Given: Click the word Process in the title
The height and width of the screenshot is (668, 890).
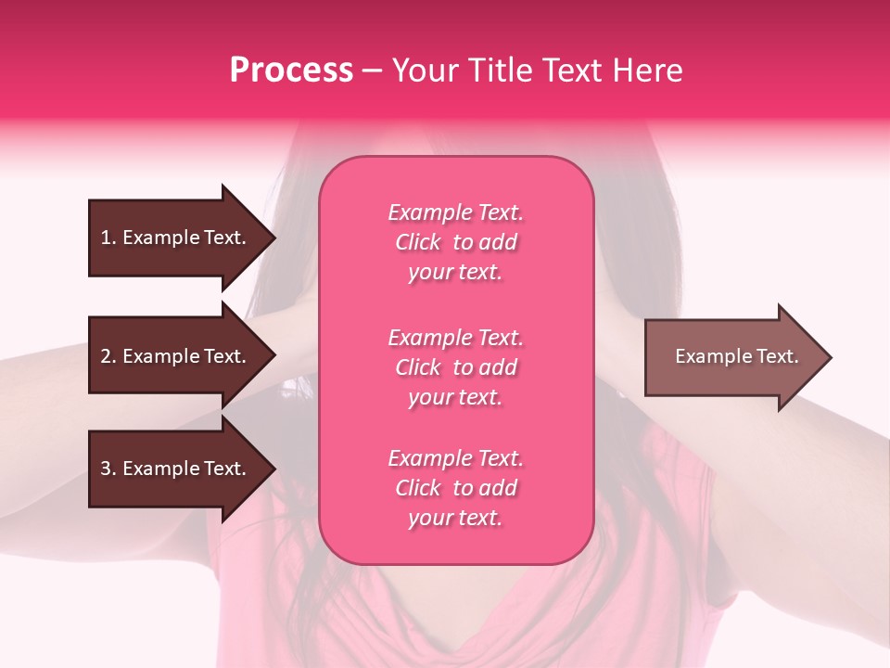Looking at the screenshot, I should [x=291, y=71].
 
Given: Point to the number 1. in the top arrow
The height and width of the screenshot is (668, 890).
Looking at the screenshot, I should [x=108, y=238].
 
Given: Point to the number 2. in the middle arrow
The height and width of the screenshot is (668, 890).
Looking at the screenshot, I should [x=108, y=356].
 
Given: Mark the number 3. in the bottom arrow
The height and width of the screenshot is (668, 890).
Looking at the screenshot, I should [x=108, y=469].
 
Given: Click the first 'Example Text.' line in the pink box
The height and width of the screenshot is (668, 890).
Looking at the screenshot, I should [x=455, y=212].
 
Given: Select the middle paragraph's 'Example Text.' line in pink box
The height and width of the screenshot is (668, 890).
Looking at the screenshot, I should [x=455, y=338].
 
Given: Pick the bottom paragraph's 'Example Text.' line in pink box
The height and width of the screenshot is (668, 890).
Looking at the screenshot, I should [x=455, y=458].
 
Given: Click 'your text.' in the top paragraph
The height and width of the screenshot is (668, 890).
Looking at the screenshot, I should [x=455, y=273].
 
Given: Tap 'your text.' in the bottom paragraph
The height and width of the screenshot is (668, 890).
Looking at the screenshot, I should [x=455, y=519].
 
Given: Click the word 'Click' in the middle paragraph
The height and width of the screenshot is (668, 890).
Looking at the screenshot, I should [x=418, y=367].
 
